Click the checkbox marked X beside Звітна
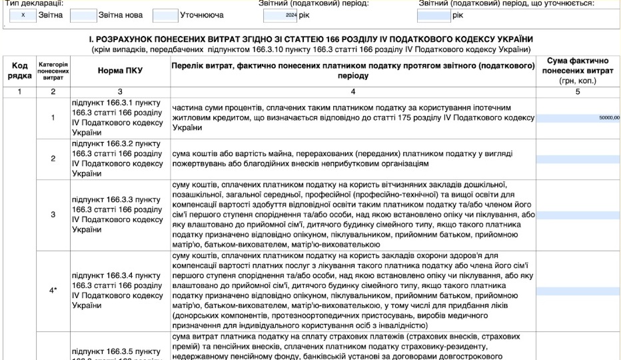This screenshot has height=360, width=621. pyautogui.click(x=23, y=15)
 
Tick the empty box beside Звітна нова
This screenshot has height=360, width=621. pyautogui.click(x=83, y=15)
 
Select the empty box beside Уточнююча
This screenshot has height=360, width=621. pyautogui.click(x=165, y=15)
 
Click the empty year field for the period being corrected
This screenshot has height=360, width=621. pyautogui.click(x=434, y=15)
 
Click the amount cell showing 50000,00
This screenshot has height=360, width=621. pyautogui.click(x=578, y=118)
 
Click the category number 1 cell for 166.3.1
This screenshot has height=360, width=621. pyautogui.click(x=53, y=118)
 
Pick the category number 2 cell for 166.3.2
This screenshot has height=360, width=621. pyautogui.click(x=53, y=159)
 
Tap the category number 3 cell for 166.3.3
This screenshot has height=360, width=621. pyautogui.click(x=53, y=215)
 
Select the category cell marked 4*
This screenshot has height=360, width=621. pyautogui.click(x=53, y=290)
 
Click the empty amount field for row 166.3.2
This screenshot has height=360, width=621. pyautogui.click(x=578, y=159)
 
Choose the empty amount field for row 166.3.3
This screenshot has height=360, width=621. pyautogui.click(x=578, y=215)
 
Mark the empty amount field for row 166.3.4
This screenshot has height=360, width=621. pyautogui.click(x=578, y=291)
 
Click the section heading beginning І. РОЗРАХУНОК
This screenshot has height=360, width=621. pyautogui.click(x=310, y=40)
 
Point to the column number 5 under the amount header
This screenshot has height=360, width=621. pyautogui.click(x=578, y=91)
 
